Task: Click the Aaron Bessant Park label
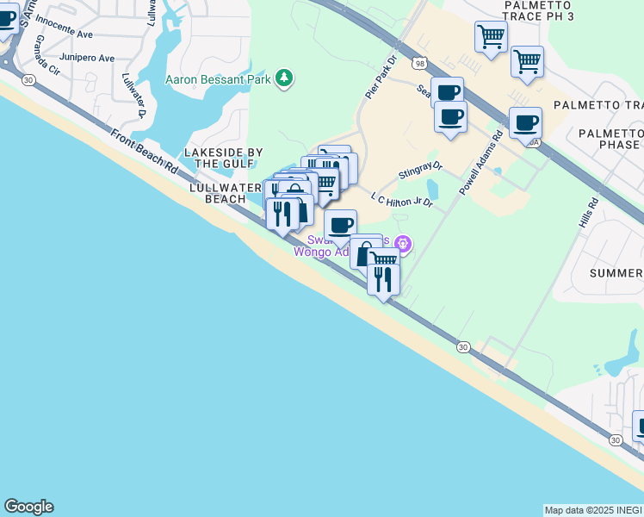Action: tap(219, 80)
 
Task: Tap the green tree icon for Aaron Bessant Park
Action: tap(284, 80)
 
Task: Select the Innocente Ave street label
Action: tap(64, 35)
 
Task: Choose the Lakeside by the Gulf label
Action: tap(225, 158)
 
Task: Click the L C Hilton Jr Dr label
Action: tap(400, 200)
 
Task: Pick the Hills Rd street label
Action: tap(592, 216)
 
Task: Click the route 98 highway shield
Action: tap(419, 64)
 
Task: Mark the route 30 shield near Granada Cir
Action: tap(29, 79)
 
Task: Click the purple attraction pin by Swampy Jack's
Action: tap(402, 245)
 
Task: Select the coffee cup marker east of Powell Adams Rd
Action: tap(525, 121)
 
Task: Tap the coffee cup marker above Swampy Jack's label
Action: tap(340, 225)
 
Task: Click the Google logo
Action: tap(28, 507)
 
